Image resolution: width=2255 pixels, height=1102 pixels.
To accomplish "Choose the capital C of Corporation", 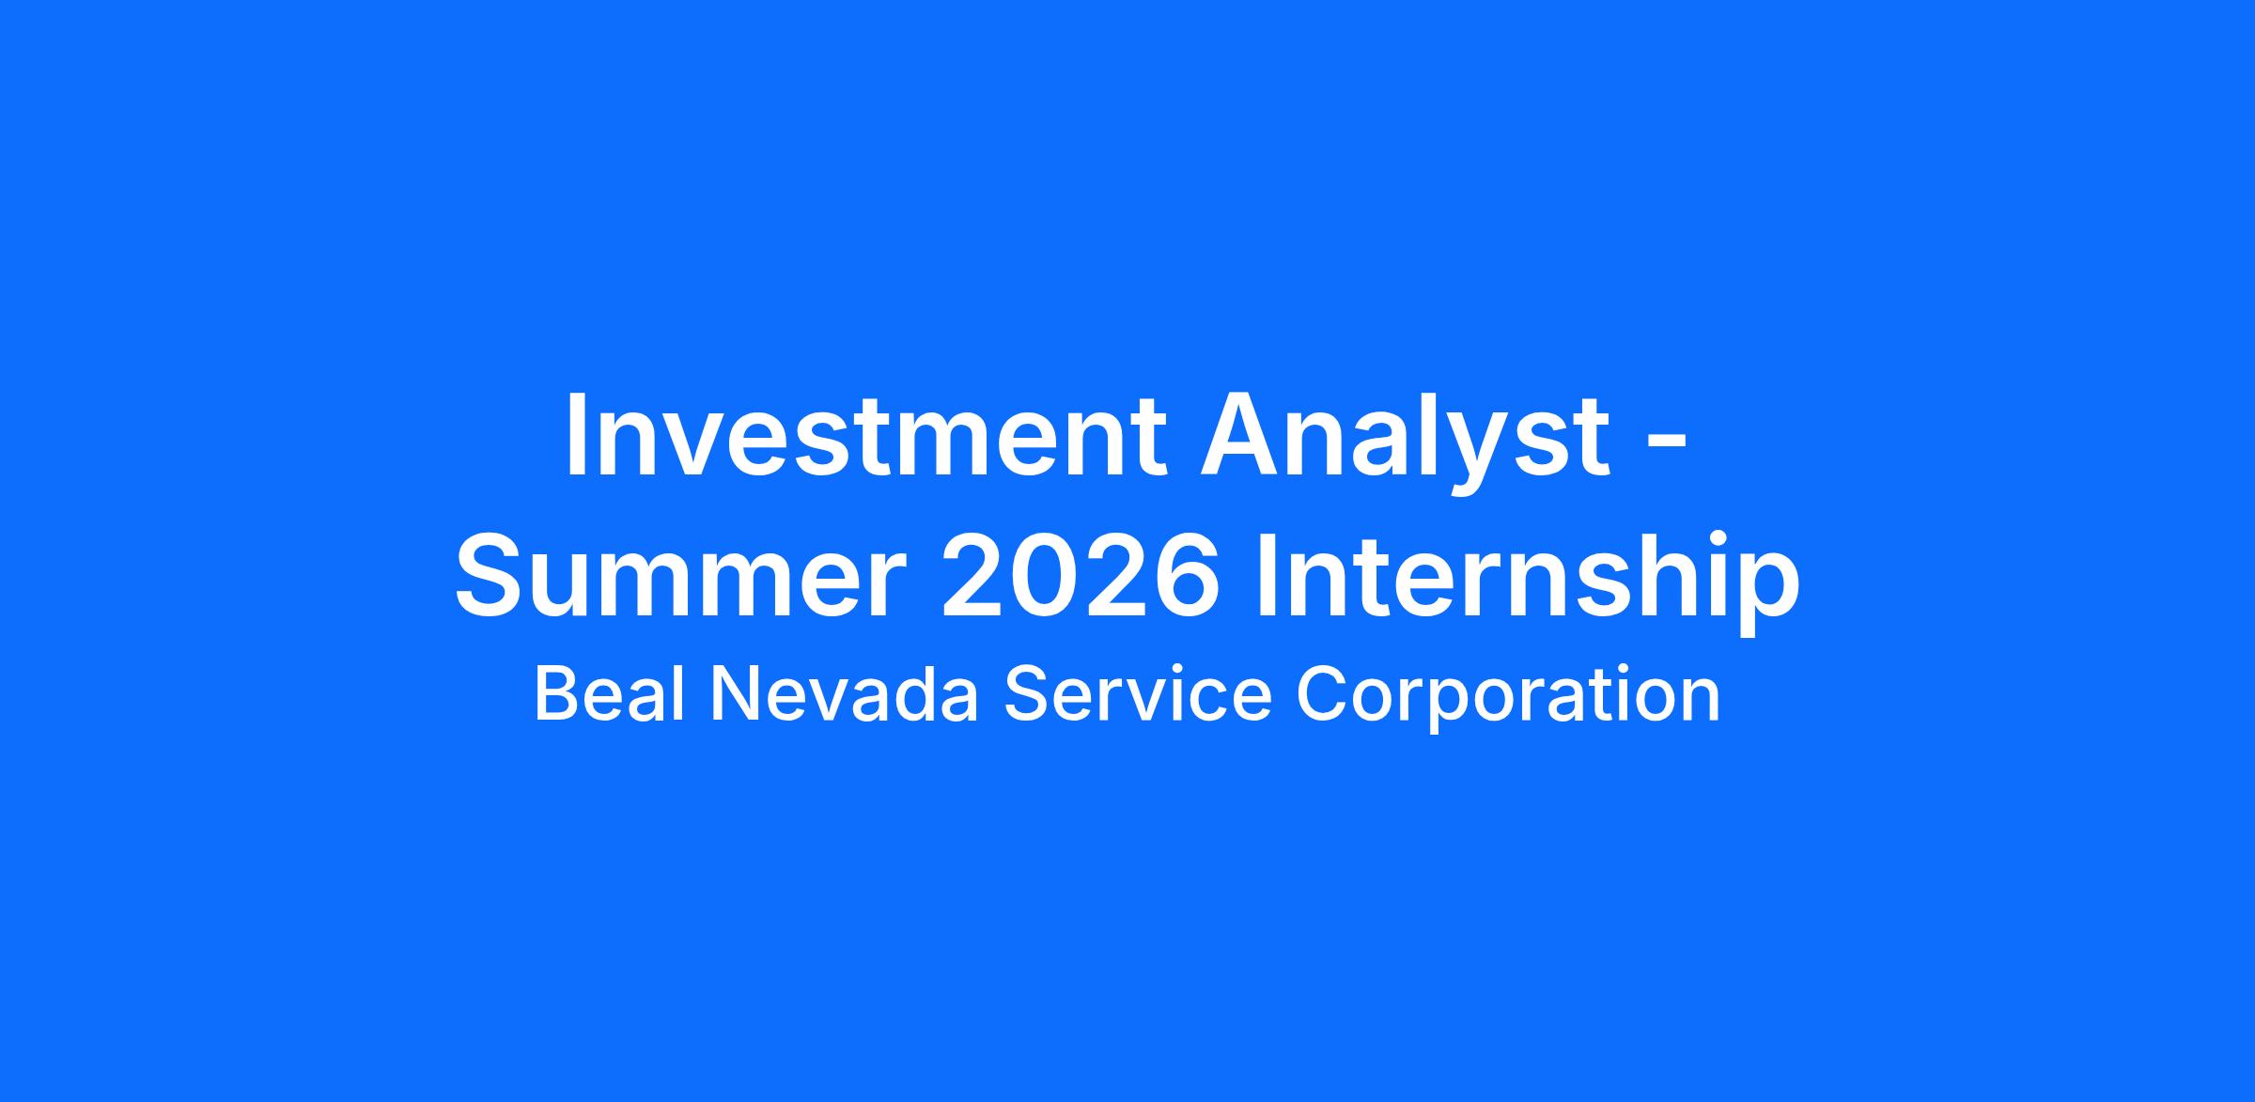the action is pos(1323,693).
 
